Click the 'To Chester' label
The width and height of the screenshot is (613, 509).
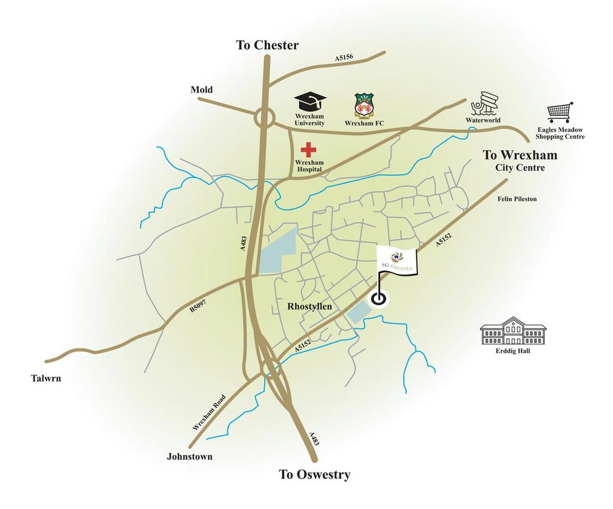pos(267,45)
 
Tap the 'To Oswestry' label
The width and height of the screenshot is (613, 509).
pos(314,475)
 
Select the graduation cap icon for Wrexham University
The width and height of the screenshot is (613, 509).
pos(309,102)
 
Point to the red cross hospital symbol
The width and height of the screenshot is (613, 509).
pos(308,150)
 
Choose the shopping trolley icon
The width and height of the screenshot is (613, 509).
pos(560,112)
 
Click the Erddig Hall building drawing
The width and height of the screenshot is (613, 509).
pos(513,331)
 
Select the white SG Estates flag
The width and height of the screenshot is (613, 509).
pos(397,262)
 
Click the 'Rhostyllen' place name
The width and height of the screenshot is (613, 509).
pos(309,306)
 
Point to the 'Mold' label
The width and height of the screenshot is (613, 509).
pos(202,90)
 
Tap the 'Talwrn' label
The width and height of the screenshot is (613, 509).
pos(46,378)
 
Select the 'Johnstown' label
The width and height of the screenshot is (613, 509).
pos(189,456)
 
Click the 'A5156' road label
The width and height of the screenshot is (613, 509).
pos(344,57)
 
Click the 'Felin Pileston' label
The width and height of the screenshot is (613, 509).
pos(517,199)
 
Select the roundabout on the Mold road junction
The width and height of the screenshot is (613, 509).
pos(264,118)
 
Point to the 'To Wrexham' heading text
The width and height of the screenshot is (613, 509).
pos(520,156)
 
